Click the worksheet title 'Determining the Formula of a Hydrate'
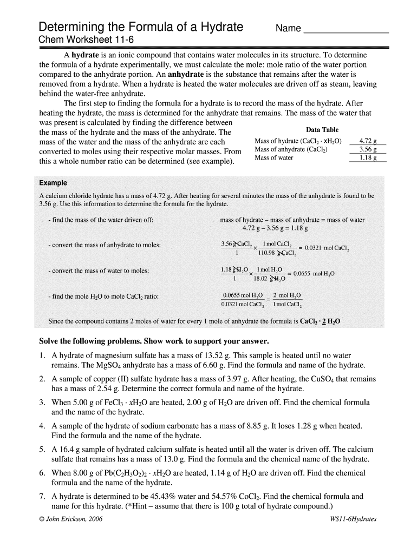140,27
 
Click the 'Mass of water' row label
274,158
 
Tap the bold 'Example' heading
53,183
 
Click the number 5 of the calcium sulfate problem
42,450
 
